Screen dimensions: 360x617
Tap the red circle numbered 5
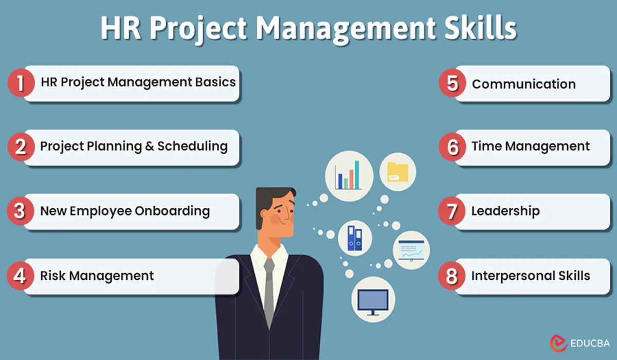[452, 84]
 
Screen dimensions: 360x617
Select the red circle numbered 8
[452, 276]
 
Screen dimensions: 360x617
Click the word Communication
[523, 84]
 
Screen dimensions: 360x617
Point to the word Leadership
[505, 211]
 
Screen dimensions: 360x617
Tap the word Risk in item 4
[53, 276]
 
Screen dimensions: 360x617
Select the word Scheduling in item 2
[192, 147]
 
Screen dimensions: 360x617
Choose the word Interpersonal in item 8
[505, 276]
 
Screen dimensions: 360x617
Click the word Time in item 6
[486, 147]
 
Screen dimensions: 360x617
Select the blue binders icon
[355, 238]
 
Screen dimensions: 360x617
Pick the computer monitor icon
[373, 301]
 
